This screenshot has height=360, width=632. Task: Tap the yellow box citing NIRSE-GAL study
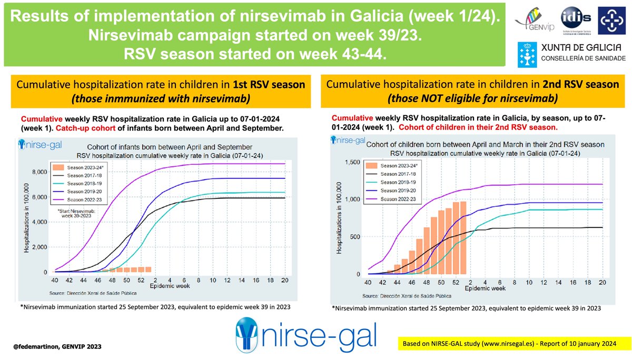(x=509, y=344)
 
